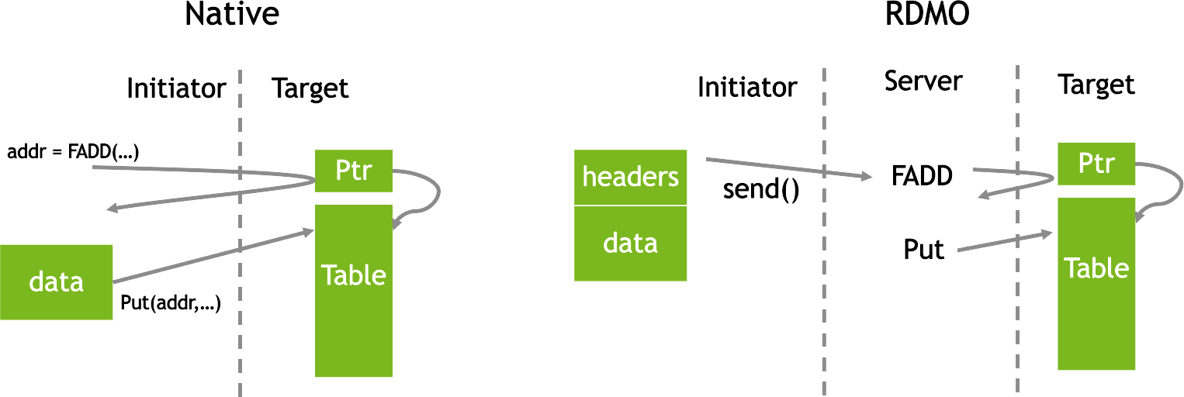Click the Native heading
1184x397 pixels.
point(232,14)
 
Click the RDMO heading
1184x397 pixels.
point(927,14)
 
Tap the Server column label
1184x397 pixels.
point(923,81)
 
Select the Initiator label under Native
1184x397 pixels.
point(177,88)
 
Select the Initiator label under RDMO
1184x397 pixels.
point(747,87)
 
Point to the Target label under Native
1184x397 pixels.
point(310,89)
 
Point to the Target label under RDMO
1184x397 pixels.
point(1096,85)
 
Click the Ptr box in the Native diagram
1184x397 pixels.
point(354,171)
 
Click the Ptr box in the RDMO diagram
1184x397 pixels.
point(1096,164)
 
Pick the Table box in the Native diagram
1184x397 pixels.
point(354,291)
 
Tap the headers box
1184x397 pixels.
point(631,178)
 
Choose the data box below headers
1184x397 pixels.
point(631,243)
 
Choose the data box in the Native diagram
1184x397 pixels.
point(56,282)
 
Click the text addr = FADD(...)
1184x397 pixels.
point(73,152)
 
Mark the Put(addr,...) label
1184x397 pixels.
point(171,303)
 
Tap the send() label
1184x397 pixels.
point(761,189)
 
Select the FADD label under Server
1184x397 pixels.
point(922,176)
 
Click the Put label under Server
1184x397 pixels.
point(923,249)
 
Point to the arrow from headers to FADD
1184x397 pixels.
point(789,168)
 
